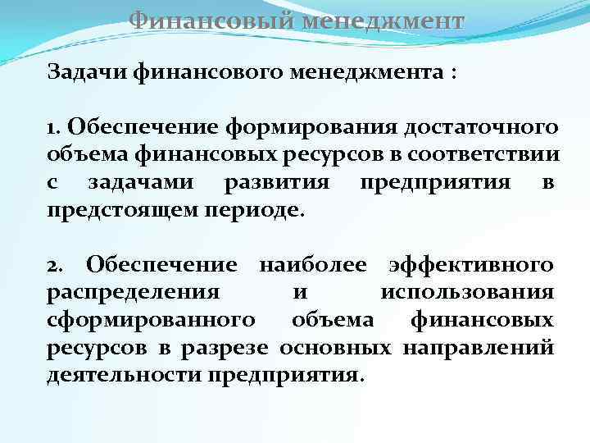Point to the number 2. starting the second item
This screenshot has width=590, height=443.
pos(57,265)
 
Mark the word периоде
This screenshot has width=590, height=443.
pos(261,209)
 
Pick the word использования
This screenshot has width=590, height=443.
pos(467,292)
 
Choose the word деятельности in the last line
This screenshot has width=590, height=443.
pos(125,374)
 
